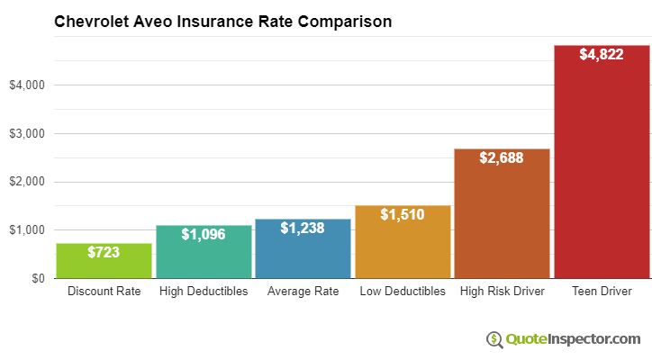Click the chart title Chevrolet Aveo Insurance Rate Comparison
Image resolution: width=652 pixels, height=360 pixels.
tap(223, 21)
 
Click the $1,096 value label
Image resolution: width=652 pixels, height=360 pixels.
tap(204, 235)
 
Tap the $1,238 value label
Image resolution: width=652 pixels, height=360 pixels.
tap(303, 229)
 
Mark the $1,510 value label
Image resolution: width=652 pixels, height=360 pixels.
tap(403, 215)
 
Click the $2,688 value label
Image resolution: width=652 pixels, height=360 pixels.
tap(502, 158)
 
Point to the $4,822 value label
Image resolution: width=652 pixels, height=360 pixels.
tap(601, 55)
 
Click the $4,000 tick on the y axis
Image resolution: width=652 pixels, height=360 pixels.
tap(26, 85)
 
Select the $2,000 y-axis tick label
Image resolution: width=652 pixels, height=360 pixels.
tap(26, 182)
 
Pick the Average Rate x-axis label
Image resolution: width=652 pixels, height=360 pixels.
tap(303, 292)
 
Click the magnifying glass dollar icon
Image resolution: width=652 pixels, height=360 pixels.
tap(494, 339)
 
